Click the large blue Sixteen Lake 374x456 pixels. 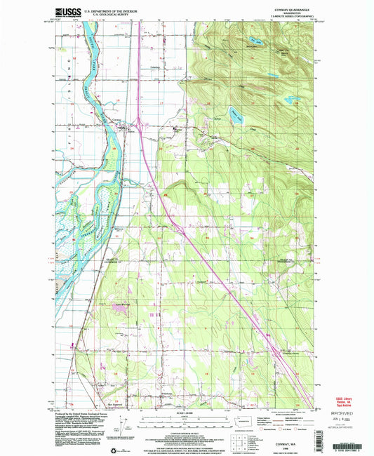tap(233, 112)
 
